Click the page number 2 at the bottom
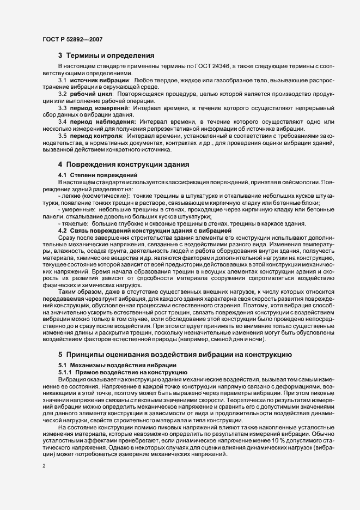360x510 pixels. coord(44,466)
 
